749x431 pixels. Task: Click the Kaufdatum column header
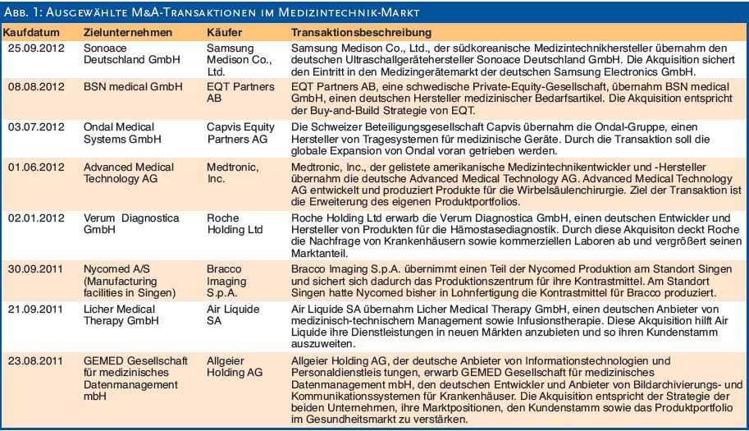31,33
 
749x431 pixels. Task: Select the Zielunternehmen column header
127,33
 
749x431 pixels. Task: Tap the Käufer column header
224,33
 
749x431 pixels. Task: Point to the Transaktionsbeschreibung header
361,33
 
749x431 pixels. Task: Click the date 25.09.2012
36,48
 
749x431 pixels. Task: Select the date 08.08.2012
36,87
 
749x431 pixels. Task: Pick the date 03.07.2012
36,127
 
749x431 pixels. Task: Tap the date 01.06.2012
36,167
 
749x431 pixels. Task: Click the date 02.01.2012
36,218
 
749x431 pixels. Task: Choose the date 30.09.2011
35,269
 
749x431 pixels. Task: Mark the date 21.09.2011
35,309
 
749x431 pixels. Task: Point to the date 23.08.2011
35,360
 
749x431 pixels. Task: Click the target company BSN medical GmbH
133,87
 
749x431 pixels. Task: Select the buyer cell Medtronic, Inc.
233,173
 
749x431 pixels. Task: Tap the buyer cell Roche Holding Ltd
235,223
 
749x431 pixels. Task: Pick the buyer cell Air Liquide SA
233,315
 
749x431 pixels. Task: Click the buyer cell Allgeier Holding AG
235,366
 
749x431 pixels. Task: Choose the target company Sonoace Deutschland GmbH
132,54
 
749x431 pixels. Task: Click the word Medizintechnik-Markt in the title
349,12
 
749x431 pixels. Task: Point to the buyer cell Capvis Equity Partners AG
240,133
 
